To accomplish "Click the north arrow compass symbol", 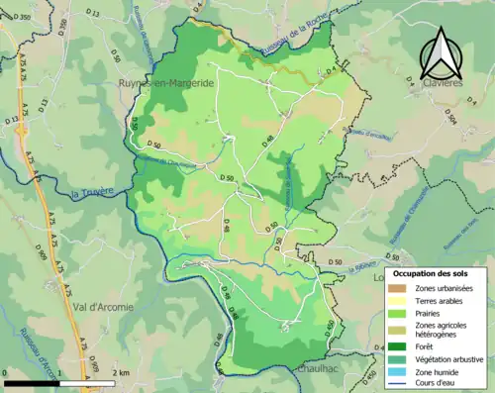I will (439, 53).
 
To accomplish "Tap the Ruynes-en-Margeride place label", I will (166, 84).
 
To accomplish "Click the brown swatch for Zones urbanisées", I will (399, 288).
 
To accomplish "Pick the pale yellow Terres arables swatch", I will (399, 302).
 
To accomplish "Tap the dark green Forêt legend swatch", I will (399, 346).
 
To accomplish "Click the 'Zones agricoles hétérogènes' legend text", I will (442, 332).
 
